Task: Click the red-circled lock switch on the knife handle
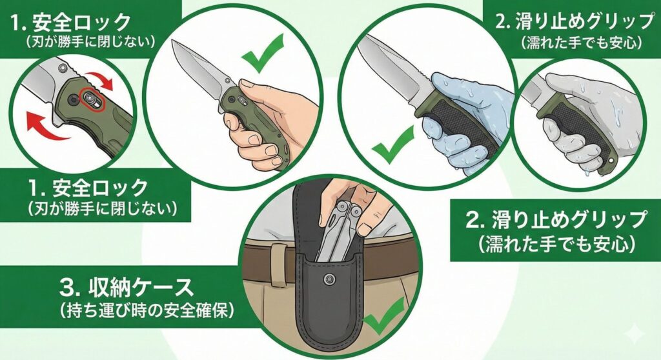click(92, 101)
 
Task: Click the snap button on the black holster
click(329, 279)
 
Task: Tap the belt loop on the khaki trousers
click(278, 263)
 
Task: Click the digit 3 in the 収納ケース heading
click(66, 288)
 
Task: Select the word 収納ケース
click(141, 288)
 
